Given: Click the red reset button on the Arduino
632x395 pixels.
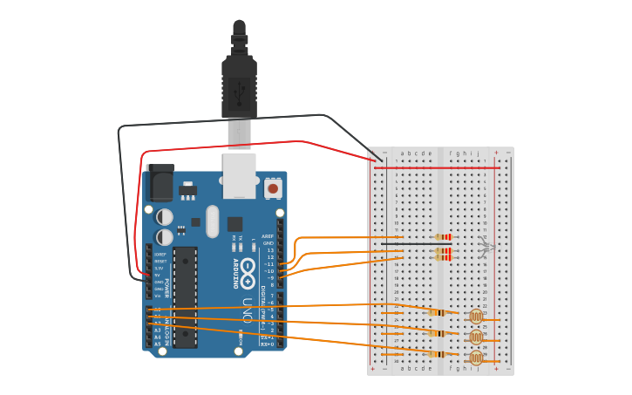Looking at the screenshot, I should (273, 187).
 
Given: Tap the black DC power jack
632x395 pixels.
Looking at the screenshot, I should (160, 182).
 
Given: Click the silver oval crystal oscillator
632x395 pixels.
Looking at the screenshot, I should (213, 221).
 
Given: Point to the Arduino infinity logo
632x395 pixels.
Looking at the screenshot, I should (248, 267).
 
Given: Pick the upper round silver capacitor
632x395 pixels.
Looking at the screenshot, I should (165, 216).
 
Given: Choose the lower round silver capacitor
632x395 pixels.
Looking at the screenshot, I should (165, 236).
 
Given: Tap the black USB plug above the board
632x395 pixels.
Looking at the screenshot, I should (239, 83).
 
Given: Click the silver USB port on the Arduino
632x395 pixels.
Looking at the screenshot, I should (239, 175).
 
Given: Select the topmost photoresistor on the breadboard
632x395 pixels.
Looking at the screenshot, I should (476, 317).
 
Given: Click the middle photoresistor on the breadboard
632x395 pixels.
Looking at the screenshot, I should (476, 337).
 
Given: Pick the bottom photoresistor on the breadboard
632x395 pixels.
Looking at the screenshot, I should (476, 357).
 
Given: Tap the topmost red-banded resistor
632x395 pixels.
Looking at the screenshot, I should (445, 237).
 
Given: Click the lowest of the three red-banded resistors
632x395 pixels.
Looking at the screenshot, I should (445, 257).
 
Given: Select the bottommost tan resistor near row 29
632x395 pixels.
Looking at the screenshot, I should (438, 354).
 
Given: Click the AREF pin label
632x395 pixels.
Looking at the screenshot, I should (268, 236).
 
